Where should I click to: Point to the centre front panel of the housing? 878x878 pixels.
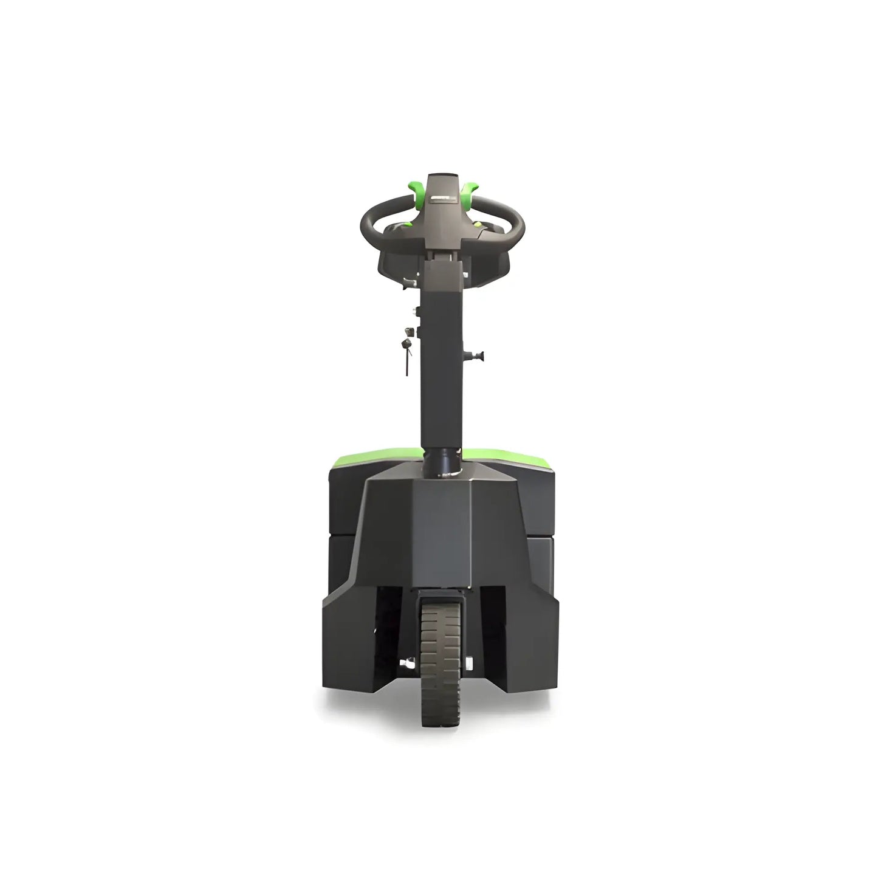point(439,535)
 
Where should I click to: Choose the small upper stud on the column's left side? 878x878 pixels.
point(416,311)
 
